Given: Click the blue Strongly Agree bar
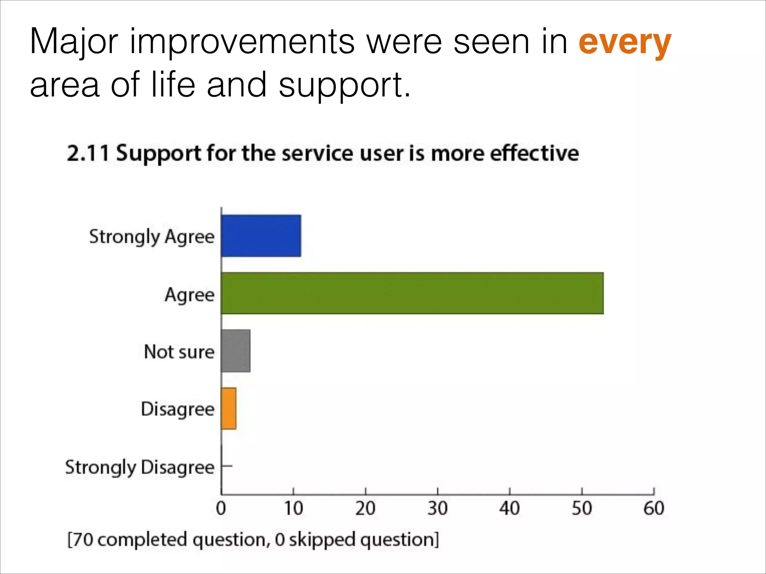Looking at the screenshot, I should (x=261, y=236).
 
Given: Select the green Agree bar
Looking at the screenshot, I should (x=412, y=293).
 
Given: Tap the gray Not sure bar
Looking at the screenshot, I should (x=236, y=351).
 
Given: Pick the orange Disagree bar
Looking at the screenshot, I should (x=229, y=408).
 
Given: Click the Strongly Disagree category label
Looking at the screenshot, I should (x=140, y=467).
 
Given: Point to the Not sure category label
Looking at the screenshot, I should (x=179, y=352).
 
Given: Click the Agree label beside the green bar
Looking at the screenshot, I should (x=190, y=295).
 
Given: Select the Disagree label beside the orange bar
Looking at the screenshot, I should (x=178, y=409).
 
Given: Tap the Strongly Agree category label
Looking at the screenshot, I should (x=152, y=237).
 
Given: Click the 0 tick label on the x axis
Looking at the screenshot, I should (x=221, y=509).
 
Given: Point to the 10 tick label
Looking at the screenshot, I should (x=293, y=509).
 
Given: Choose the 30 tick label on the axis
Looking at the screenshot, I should (x=437, y=509).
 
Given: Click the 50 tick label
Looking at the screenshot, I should (x=582, y=509).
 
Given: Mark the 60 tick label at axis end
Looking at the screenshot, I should (x=653, y=509).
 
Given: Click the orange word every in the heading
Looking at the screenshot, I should (x=625, y=43).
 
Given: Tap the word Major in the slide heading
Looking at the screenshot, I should (x=74, y=42).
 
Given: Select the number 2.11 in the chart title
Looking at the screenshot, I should (x=88, y=154).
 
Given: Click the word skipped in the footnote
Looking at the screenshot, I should (x=322, y=540).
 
